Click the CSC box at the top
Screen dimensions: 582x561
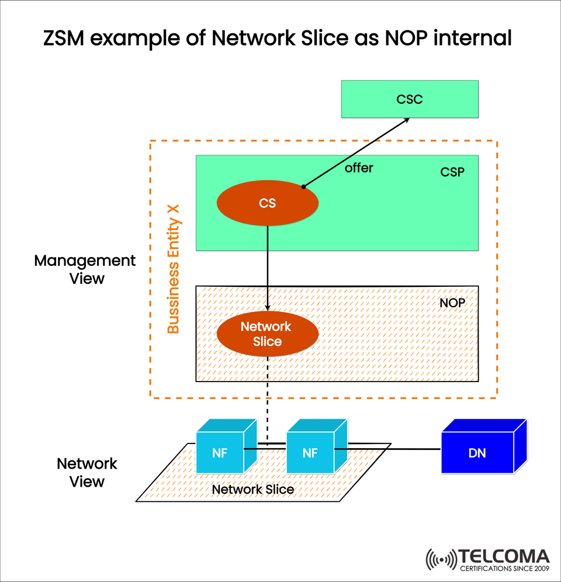(x=410, y=99)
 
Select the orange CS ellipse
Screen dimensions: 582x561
(x=267, y=203)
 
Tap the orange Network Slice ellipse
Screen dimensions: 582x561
(x=267, y=334)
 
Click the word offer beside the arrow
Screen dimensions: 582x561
(x=358, y=168)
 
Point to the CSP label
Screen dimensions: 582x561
(x=452, y=173)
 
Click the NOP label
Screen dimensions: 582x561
(x=452, y=304)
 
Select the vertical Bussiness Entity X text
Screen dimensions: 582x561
(x=174, y=269)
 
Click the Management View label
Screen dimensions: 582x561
(x=85, y=269)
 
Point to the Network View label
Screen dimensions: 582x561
(x=87, y=473)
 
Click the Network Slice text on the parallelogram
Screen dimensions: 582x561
(x=252, y=489)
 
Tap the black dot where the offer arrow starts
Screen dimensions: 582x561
(x=303, y=187)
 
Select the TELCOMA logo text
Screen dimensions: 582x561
(x=504, y=556)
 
